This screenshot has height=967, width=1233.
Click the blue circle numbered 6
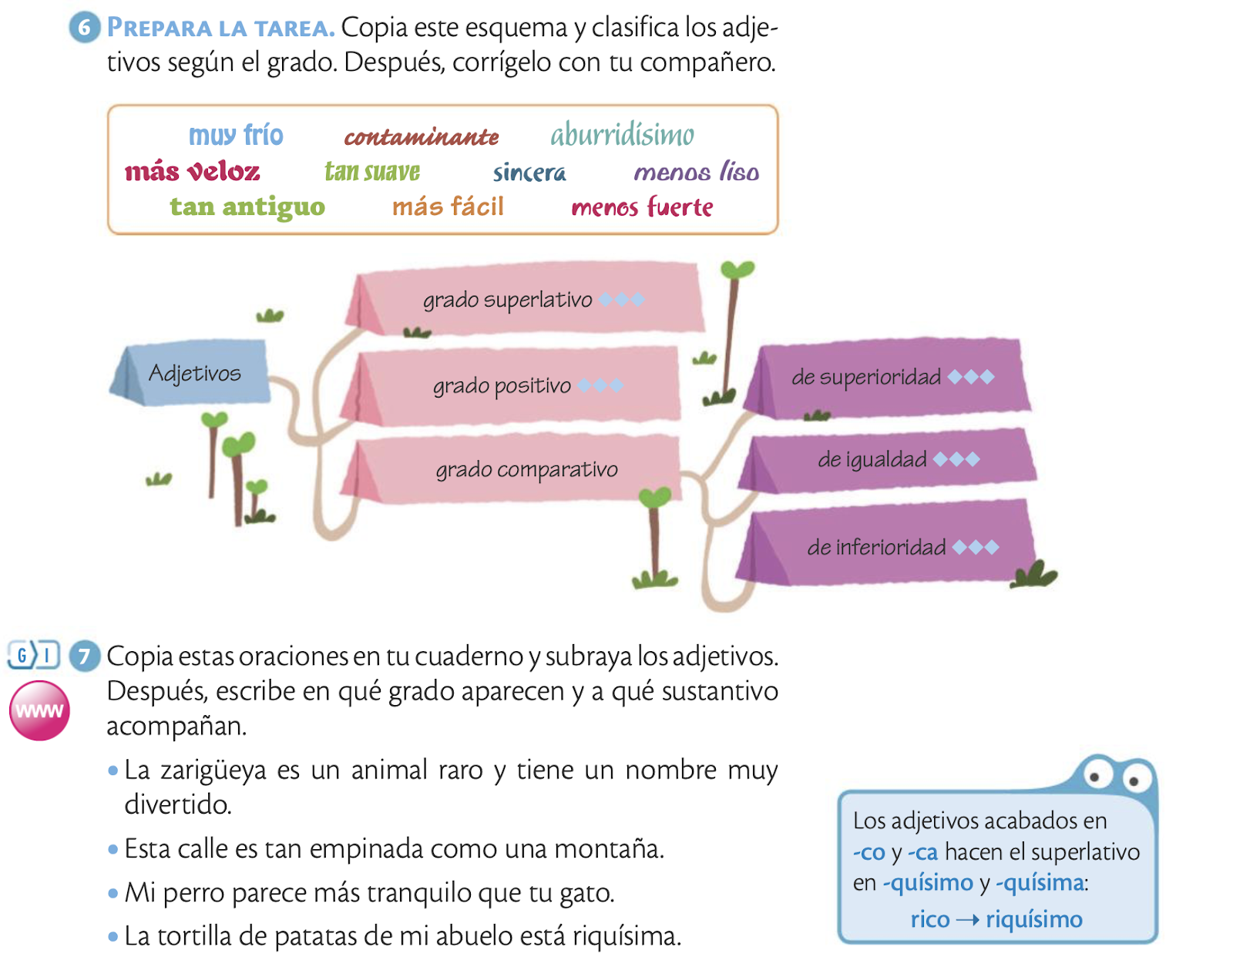coord(85,29)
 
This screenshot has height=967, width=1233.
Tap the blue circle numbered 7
coord(85,656)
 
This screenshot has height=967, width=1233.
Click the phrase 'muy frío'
coord(236,136)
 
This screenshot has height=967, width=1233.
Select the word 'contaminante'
coord(421,137)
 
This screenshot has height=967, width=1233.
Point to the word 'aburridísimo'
coord(622,136)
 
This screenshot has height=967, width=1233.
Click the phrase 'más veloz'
coord(193,171)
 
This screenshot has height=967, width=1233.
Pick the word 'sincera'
coord(529,173)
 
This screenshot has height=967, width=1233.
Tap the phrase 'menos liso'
coord(696,172)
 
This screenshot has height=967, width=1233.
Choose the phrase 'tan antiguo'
coord(247,206)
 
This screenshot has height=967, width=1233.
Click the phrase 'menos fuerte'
coord(642,207)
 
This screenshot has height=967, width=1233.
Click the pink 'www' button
coord(39,710)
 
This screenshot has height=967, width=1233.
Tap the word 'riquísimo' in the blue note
coord(1034,919)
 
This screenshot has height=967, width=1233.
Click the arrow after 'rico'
coord(968,920)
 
